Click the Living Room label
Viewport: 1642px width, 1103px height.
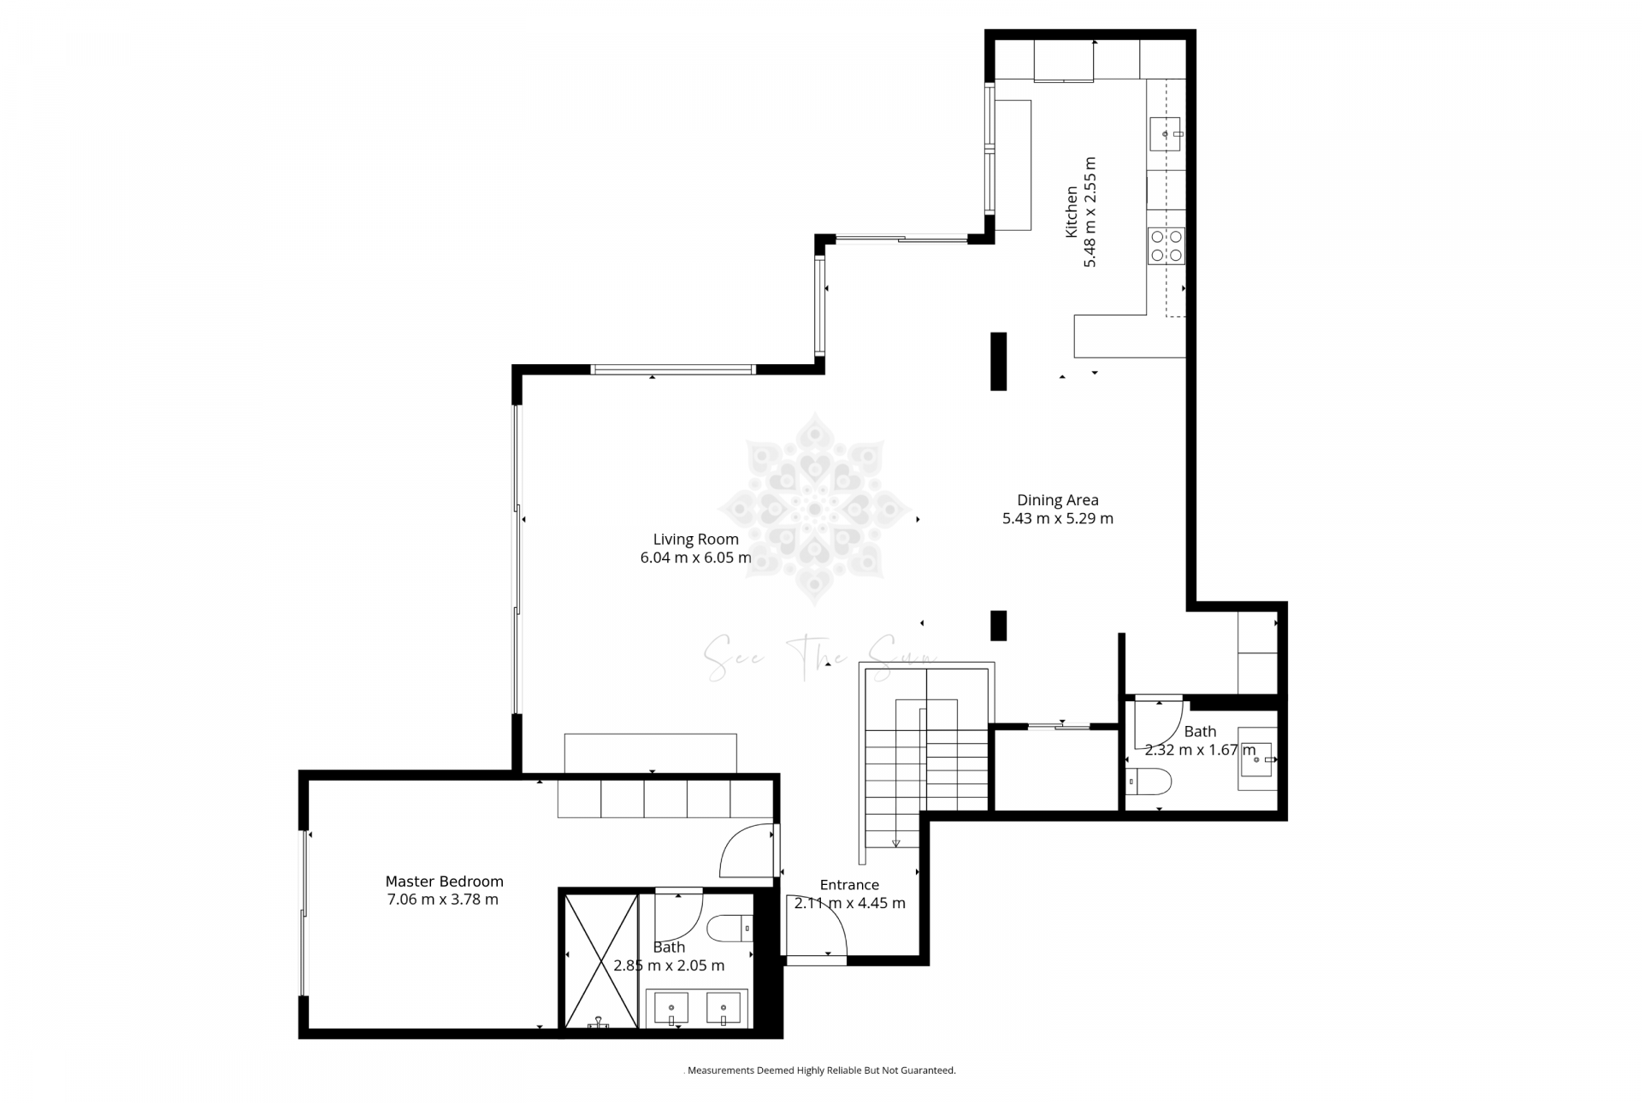click(x=695, y=539)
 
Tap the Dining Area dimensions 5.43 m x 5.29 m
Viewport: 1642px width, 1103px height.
click(x=1057, y=518)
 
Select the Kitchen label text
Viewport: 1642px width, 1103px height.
click(x=1071, y=211)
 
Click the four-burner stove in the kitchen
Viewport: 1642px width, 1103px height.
click(x=1166, y=245)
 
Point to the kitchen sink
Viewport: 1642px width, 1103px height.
click(x=1165, y=134)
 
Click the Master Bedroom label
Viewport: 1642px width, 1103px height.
click(x=444, y=881)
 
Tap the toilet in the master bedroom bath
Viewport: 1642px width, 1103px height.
click(x=729, y=927)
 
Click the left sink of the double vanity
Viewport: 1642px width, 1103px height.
click(x=671, y=1008)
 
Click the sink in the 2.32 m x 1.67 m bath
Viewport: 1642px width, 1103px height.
click(x=1255, y=758)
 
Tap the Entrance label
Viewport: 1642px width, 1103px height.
click(x=848, y=885)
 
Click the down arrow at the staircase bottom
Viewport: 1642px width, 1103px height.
click(x=895, y=843)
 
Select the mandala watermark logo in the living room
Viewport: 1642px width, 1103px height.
click(x=814, y=508)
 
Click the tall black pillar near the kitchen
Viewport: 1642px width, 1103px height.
click(x=998, y=361)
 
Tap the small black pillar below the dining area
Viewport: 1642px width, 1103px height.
click(x=998, y=625)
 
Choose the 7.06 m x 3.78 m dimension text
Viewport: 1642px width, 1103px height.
click(x=442, y=900)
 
